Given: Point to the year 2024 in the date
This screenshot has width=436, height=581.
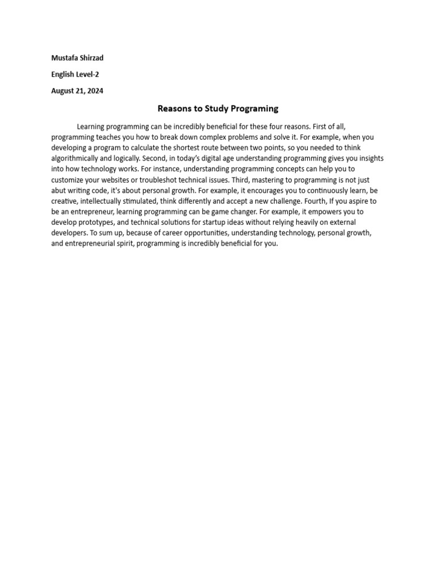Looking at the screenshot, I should pos(95,91).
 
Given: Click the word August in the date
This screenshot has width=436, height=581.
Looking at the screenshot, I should pos(62,91).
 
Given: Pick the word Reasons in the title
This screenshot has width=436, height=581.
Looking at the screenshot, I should pos(174,108).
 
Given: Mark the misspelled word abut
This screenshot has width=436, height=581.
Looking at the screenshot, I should pos(60,191).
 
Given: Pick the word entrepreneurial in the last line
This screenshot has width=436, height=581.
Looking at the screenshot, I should pos(91,245).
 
